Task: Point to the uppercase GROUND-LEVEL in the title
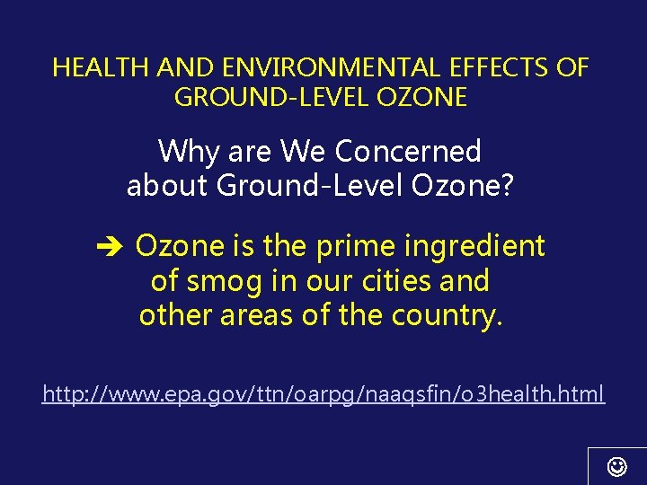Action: coord(270,97)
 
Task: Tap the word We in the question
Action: coord(303,151)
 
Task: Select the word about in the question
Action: coord(167,186)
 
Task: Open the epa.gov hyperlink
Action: coord(323,392)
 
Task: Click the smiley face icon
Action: coord(617,466)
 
